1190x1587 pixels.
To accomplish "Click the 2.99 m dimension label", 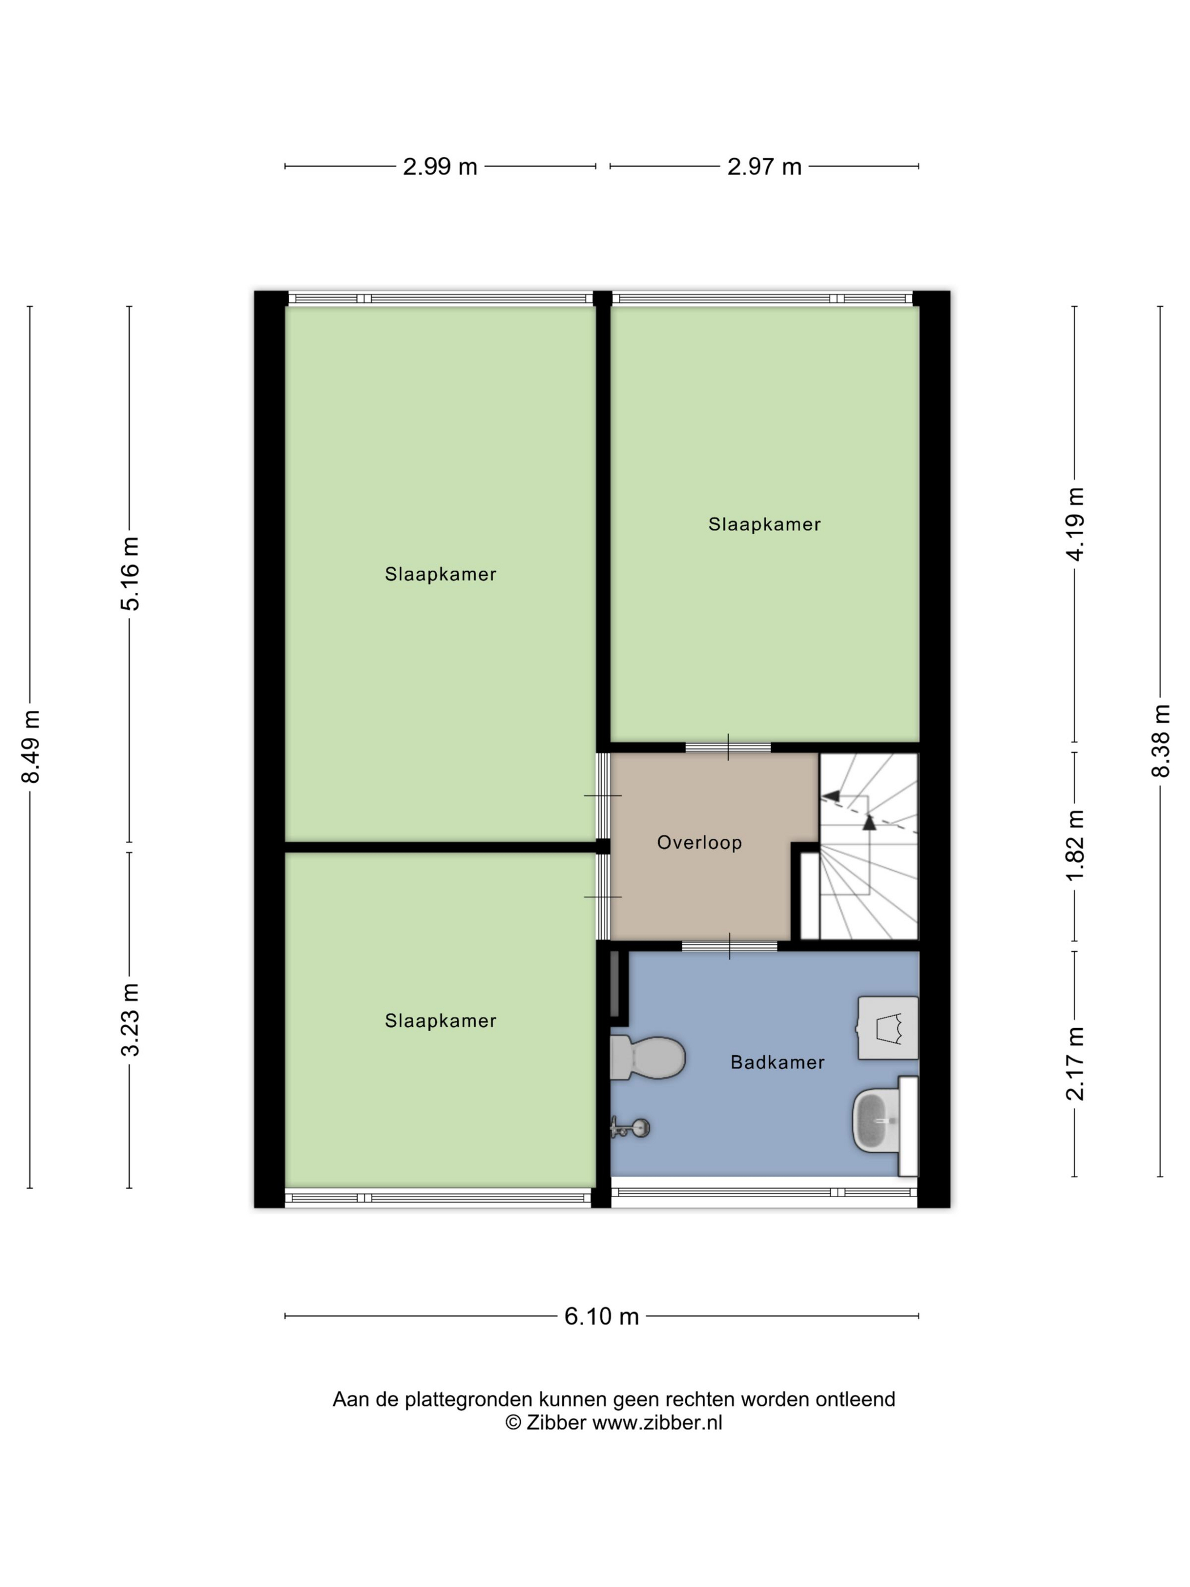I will click(440, 167).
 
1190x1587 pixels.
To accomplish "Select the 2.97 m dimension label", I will click(764, 167).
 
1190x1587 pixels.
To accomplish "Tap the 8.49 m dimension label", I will click(31, 746).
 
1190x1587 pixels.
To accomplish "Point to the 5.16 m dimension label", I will click(130, 574).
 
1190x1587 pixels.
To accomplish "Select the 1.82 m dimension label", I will click(1075, 846).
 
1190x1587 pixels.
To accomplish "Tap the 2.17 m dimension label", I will click(1075, 1063).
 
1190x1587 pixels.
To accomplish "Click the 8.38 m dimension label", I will click(1161, 740).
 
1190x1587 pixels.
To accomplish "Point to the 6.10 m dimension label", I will click(601, 1317).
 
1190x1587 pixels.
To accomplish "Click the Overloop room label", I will click(699, 842).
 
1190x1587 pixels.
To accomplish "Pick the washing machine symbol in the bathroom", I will click(889, 1028).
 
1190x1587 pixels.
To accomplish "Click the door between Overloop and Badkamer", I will click(729, 945).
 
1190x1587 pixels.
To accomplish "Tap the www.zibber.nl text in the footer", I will click(656, 1423).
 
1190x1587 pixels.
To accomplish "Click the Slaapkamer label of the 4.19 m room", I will click(764, 524).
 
